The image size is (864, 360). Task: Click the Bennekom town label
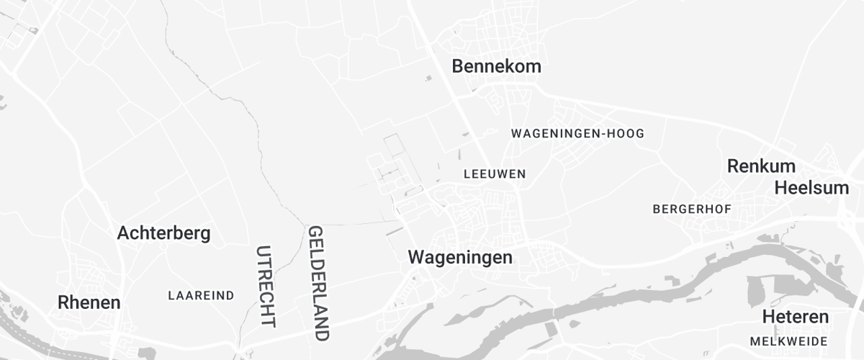coord(496,67)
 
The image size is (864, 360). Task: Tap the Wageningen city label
coord(460,257)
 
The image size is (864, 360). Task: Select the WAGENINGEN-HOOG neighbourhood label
coord(577,134)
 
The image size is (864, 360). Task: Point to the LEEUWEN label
coord(495,174)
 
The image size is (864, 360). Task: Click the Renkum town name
coord(761,166)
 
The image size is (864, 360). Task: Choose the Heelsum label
coord(811,188)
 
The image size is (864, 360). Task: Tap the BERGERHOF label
coord(691,210)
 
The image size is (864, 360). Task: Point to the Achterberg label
coord(163,233)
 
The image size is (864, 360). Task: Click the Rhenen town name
coord(89,303)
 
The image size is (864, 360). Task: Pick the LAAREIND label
coord(201,296)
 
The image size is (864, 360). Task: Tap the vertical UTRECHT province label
coord(265,287)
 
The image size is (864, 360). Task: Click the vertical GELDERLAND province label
coord(318,283)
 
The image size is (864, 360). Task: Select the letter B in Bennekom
coord(457,67)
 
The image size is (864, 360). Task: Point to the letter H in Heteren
coord(768,318)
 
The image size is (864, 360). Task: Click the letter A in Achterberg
coord(123,233)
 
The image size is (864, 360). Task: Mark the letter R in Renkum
coord(733,166)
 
